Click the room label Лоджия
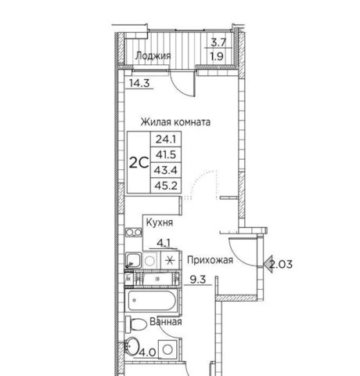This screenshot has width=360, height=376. coord(153,56)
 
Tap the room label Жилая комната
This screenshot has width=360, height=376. coord(175,122)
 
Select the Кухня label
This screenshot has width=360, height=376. coord(160,222)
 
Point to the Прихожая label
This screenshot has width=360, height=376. coord(210,260)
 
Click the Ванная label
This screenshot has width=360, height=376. coord(166,322)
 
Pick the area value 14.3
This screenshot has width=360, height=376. coord(139,83)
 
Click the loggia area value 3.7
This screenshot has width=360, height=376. coord(218,42)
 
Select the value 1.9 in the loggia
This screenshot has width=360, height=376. coord(217,56)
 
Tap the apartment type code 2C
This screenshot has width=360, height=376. coord(139,163)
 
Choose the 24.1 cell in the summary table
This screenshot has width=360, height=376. coord(166,139)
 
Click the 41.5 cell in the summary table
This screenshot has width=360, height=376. coord(166,154)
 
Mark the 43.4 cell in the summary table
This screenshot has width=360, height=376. coord(166,170)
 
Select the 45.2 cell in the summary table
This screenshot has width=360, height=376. coord(166,186)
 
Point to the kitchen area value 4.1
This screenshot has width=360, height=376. coord(164,243)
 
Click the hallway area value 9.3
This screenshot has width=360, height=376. coord(198,280)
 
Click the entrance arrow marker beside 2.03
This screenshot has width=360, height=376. coord(268,264)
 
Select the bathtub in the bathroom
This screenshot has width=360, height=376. coord(152,300)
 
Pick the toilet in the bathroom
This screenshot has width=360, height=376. coord(136,324)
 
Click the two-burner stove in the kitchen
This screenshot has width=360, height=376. coord(134,232)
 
